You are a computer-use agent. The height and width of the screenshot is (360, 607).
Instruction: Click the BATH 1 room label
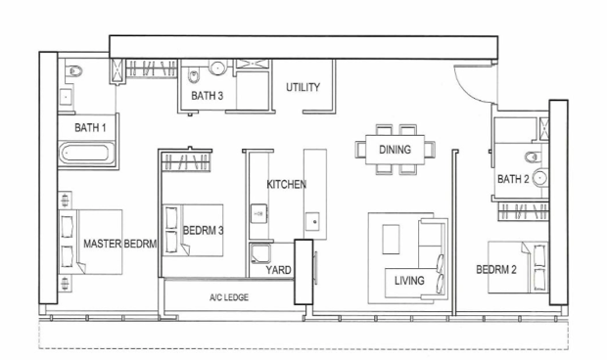(x=90, y=127)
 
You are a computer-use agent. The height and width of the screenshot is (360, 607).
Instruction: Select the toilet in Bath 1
(x=73, y=70)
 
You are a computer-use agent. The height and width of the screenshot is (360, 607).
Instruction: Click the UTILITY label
(x=303, y=87)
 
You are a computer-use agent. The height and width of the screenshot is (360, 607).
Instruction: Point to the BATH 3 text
(x=208, y=96)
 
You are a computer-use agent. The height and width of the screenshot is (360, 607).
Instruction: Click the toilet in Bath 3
(x=193, y=75)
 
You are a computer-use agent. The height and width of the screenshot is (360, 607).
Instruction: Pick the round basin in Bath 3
(x=217, y=67)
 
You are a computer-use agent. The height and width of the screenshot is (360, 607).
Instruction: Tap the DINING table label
(x=395, y=150)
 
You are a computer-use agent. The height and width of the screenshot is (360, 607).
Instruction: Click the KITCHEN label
(x=287, y=185)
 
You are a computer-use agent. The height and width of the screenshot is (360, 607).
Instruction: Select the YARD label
(x=278, y=270)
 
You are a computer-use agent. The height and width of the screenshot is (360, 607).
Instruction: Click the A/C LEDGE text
(x=229, y=297)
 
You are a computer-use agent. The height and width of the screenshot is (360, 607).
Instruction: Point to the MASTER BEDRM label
(x=120, y=244)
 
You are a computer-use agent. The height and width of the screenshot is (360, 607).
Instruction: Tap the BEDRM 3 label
(x=204, y=231)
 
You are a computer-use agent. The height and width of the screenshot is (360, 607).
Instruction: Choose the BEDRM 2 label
(x=496, y=270)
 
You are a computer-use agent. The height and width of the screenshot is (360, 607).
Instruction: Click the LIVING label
(x=409, y=281)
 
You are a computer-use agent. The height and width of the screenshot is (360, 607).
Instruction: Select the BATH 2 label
(x=513, y=179)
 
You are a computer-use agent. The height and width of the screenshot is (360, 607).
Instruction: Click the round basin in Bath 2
(x=540, y=178)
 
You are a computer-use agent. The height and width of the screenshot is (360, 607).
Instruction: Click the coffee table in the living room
(x=391, y=240)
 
